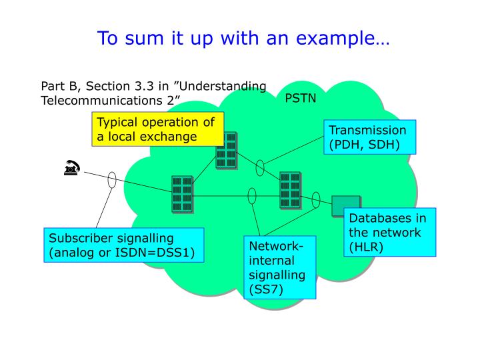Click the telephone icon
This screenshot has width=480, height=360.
point(71,169)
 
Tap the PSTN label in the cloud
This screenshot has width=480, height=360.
point(301,99)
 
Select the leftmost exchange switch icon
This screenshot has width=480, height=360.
point(182,194)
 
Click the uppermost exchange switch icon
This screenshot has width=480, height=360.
point(226,149)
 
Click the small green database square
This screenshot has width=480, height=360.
point(345,206)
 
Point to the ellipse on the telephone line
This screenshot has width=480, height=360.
point(112,179)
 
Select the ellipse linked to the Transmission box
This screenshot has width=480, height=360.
point(260,168)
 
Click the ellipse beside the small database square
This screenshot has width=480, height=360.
point(316,199)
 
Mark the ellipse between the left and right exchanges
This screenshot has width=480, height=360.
point(252,195)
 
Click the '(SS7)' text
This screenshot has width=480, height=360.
point(266,289)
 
